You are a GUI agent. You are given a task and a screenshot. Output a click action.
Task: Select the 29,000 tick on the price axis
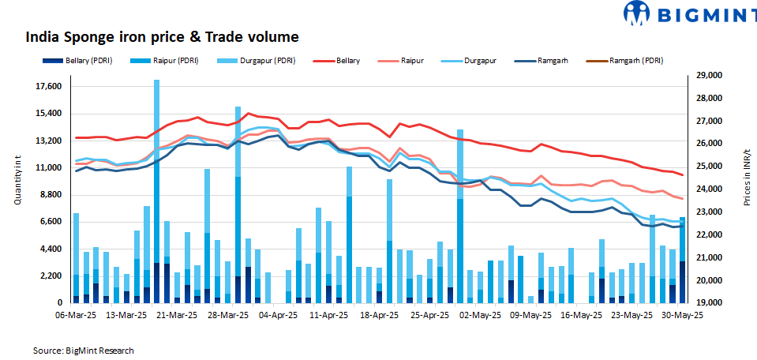pos(709,76)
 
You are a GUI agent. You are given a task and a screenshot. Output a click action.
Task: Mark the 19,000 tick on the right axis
pos(709,303)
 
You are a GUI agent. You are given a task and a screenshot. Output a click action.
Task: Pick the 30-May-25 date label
pos(682,314)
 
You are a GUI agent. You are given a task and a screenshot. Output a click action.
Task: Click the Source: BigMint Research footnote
pos(84,350)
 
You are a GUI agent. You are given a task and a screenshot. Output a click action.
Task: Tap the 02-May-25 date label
pos(481,314)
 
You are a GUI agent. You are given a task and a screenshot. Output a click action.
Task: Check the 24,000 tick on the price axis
pos(709,189)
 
